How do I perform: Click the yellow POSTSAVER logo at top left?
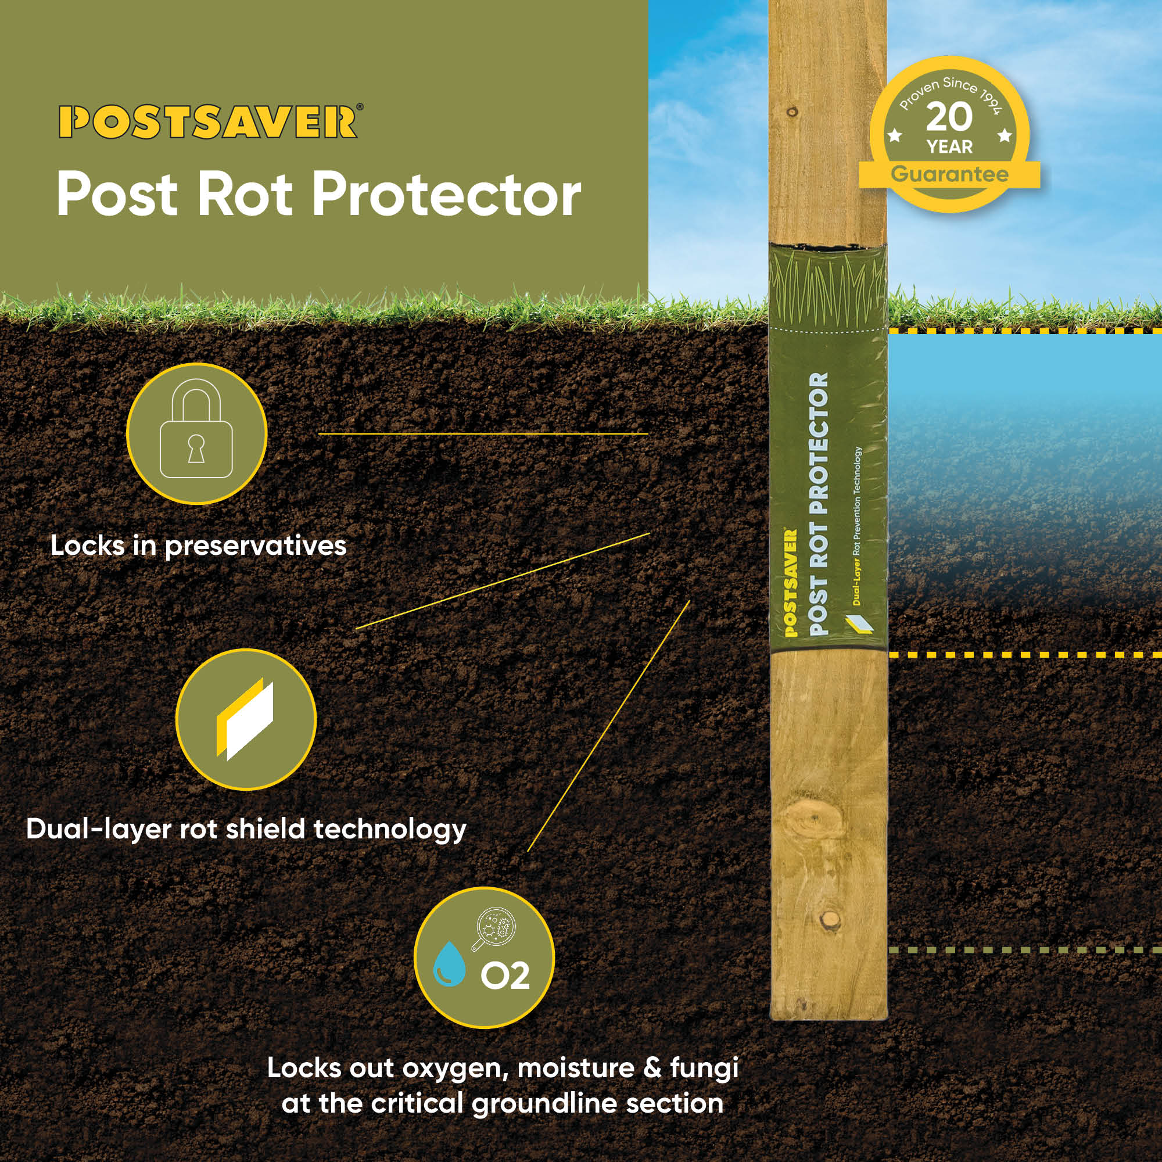coord(209,122)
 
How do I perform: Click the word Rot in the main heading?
coord(245,195)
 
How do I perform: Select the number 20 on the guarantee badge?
coord(949,117)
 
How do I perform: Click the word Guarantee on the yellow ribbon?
coord(950,174)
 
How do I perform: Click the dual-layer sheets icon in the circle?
coord(245,719)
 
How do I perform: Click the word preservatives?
coord(256,546)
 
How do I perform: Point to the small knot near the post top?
coord(792,112)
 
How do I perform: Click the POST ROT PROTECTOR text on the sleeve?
coord(819,504)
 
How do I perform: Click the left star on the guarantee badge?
coord(895,135)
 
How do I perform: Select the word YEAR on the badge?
coord(949,147)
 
